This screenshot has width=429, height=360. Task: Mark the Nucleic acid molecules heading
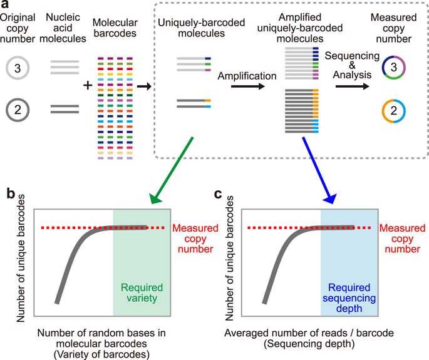pos(65,29)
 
